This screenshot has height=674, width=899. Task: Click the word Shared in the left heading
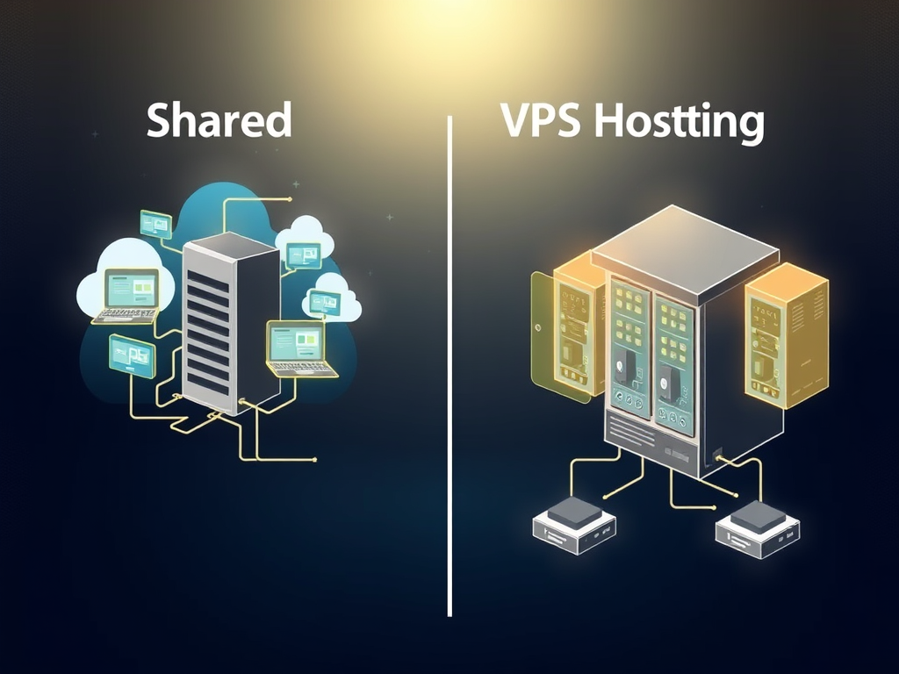tap(219, 120)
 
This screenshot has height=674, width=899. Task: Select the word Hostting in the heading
tap(678, 122)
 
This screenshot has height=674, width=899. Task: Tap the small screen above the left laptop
tap(155, 224)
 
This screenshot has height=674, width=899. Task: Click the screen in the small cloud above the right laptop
tap(326, 303)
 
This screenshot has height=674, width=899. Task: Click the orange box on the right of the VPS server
tap(786, 333)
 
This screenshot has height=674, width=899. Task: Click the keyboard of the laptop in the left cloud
tap(126, 314)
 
